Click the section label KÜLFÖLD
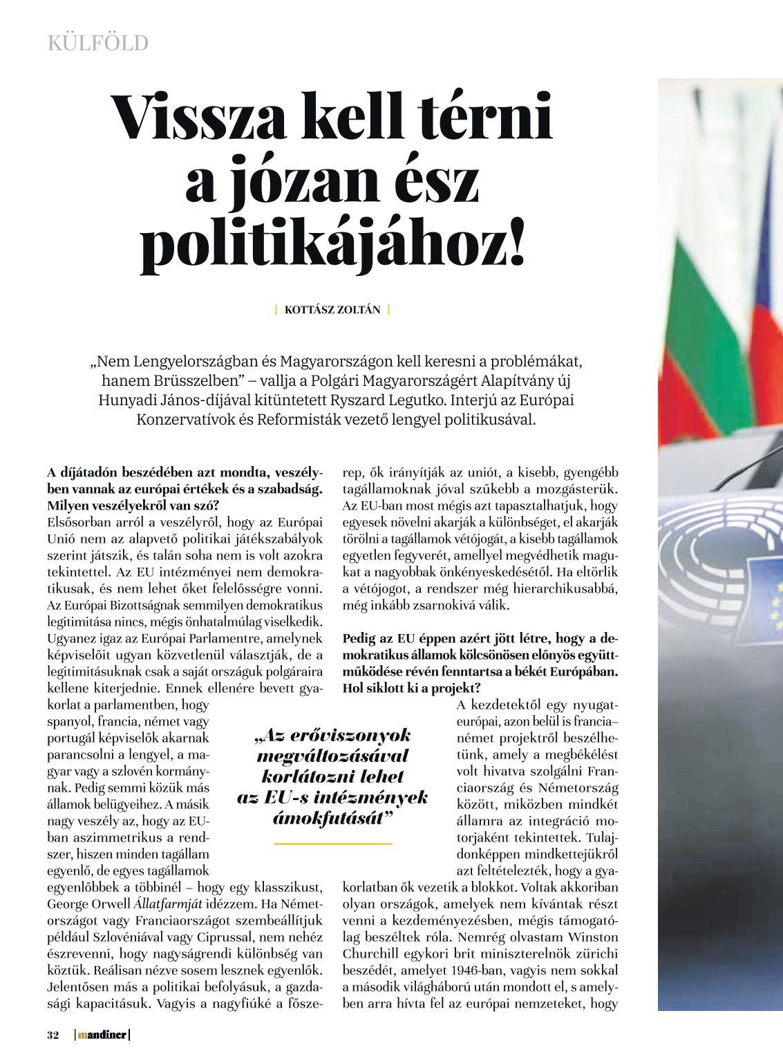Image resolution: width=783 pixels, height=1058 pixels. [x=97, y=44]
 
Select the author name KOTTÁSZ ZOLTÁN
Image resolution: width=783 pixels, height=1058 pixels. [x=332, y=310]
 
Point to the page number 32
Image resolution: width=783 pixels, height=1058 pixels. [x=53, y=1035]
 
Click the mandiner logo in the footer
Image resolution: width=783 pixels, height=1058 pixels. [x=102, y=1035]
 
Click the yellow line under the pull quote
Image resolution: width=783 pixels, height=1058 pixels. [x=333, y=844]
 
